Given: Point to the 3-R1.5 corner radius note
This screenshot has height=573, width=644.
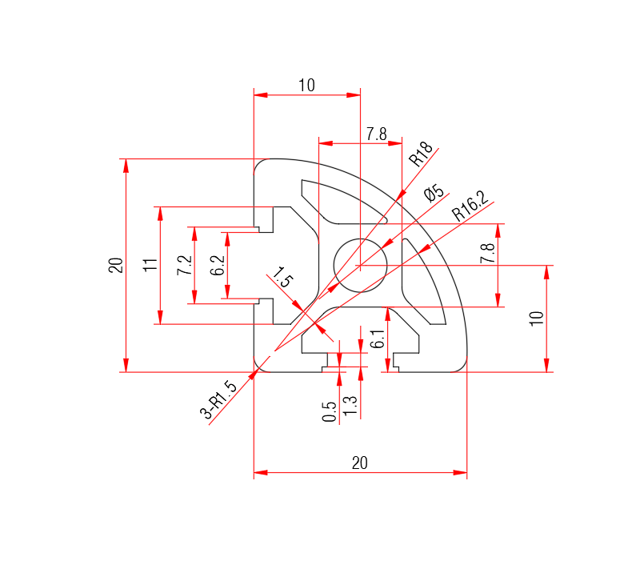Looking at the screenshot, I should click(219, 401).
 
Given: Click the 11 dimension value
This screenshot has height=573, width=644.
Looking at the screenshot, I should click(150, 265).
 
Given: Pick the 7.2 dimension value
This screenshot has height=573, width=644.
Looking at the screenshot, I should click(183, 265).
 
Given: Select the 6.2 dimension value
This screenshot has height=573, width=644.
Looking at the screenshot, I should click(217, 266).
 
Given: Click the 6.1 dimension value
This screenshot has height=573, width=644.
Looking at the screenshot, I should click(378, 340).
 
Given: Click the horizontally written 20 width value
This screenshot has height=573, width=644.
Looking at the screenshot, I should click(360, 463).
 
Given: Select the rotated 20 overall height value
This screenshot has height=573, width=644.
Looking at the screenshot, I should click(115, 265).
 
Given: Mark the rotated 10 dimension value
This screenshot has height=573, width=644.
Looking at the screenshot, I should click(537, 317).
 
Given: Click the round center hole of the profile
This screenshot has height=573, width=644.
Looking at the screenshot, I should click(361, 265).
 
